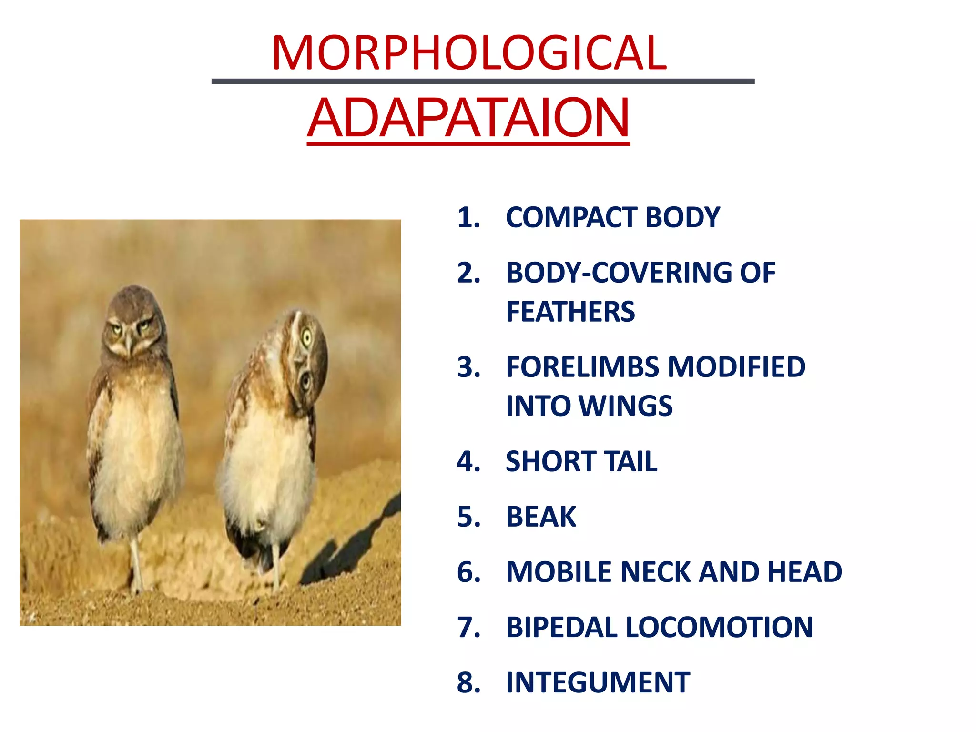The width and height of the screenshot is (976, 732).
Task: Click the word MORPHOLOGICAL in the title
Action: click(x=469, y=53)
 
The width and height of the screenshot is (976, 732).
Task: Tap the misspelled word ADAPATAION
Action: click(x=468, y=118)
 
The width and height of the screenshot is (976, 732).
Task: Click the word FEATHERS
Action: click(x=570, y=312)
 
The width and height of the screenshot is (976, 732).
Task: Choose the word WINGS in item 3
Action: click(x=625, y=406)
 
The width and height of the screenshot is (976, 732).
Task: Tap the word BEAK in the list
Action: click(x=541, y=517)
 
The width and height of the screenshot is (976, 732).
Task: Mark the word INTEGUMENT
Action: click(x=598, y=682)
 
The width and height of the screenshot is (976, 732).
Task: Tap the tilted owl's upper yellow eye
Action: click(x=307, y=338)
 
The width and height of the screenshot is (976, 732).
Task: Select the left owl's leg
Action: click(x=136, y=562)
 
